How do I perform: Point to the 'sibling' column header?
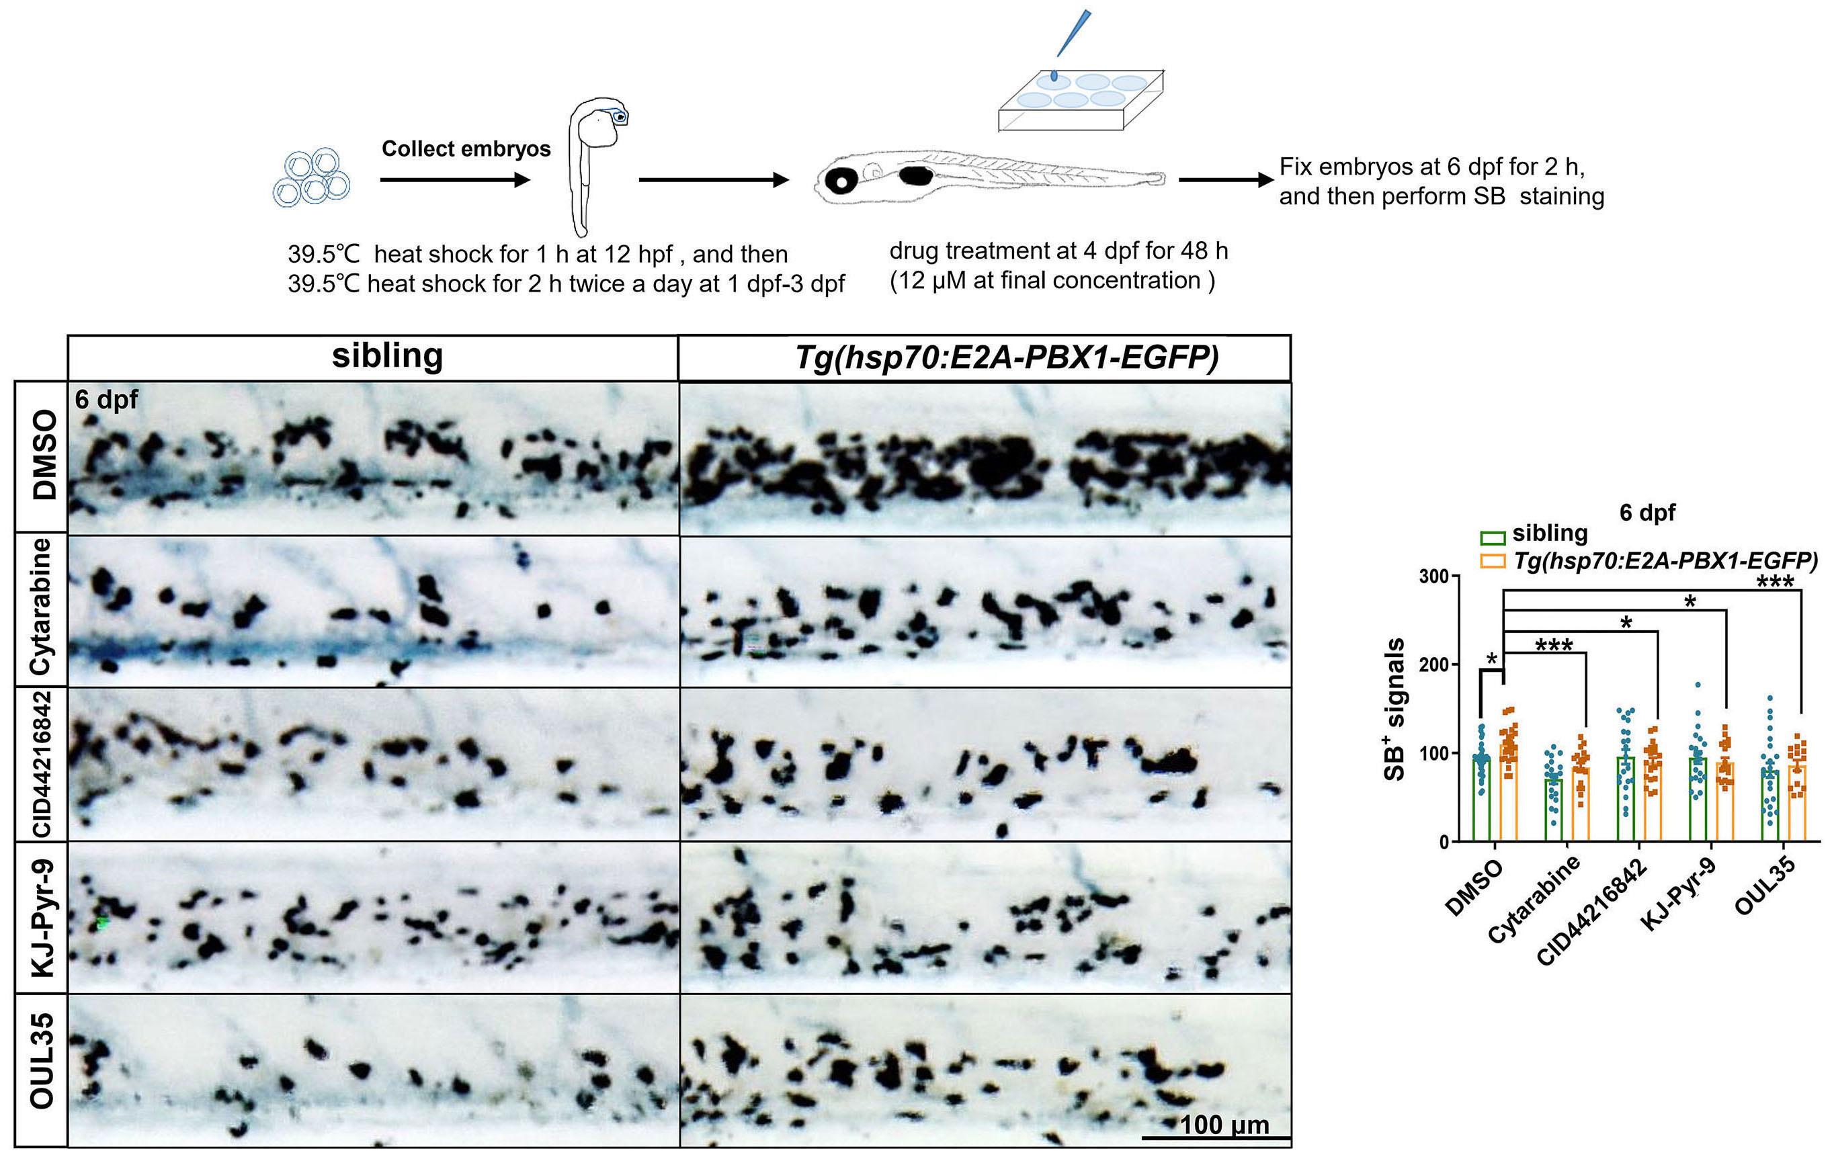pyautogui.click(x=387, y=356)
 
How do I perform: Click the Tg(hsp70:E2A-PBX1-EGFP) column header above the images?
pyautogui.click(x=1006, y=356)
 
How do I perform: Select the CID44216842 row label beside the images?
pyautogui.click(x=42, y=764)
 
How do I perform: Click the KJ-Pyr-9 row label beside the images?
pyautogui.click(x=42, y=917)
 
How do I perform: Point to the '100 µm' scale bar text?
pyautogui.click(x=1224, y=1125)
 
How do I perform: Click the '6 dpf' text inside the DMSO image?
pyautogui.click(x=107, y=399)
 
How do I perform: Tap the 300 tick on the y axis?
pyautogui.click(x=1433, y=576)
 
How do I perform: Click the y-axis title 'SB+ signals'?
pyautogui.click(x=1394, y=709)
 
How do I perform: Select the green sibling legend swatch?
pyautogui.click(x=1493, y=537)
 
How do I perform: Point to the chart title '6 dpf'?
pyautogui.click(x=1647, y=513)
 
